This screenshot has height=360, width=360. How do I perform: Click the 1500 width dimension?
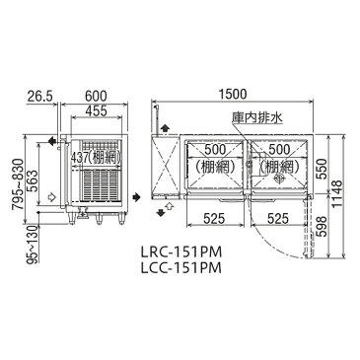click(x=234, y=94)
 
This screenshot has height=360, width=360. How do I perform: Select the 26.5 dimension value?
click(x=39, y=97)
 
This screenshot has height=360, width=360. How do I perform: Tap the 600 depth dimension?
click(x=96, y=97)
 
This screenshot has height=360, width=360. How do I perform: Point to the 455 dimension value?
click(x=96, y=110)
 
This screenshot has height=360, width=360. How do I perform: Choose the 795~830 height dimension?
click(x=19, y=183)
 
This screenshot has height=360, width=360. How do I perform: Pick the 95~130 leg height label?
click(x=34, y=244)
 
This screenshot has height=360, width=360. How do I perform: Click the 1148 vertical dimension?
click(x=337, y=194)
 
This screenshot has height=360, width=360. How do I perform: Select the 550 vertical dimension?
click(x=323, y=169)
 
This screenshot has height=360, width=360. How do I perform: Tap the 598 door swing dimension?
click(x=323, y=226)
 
